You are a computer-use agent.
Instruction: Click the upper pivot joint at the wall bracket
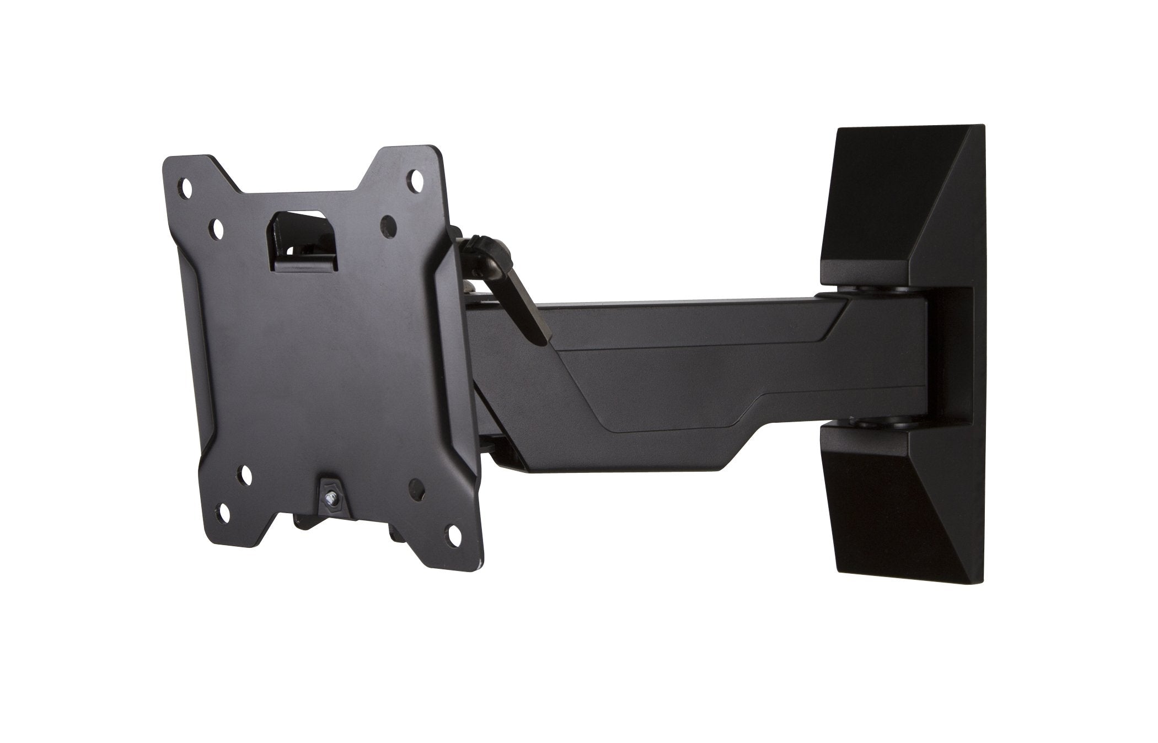pyautogui.click(x=860, y=289)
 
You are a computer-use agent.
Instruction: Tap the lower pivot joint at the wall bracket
pyautogui.click(x=860, y=423)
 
